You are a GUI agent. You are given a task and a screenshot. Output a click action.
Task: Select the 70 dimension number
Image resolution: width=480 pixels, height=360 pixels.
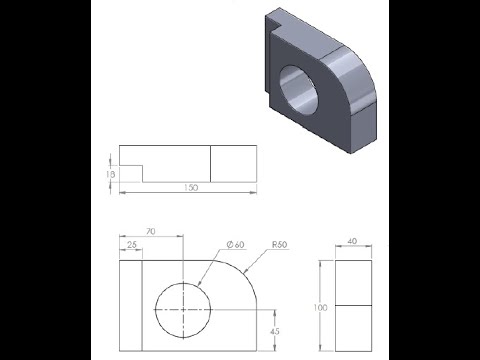pyautogui.click(x=151, y=232)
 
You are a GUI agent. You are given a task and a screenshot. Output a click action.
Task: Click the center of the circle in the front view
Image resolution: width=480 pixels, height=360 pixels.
pyautogui.click(x=185, y=310)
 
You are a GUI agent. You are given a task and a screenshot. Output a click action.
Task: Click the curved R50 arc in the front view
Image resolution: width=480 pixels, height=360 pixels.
pyautogui.click(x=240, y=272)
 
